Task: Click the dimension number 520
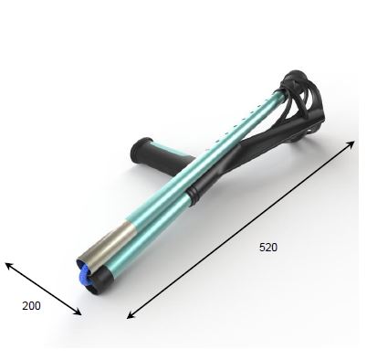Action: (x=268, y=247)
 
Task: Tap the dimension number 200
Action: (x=31, y=305)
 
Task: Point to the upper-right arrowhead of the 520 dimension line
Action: (x=351, y=144)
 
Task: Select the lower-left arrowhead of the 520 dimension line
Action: (x=130, y=315)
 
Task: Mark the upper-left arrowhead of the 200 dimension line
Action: (x=9, y=266)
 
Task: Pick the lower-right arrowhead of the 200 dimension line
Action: (x=78, y=312)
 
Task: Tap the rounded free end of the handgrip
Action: (x=138, y=149)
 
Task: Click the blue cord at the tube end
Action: (x=84, y=275)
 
